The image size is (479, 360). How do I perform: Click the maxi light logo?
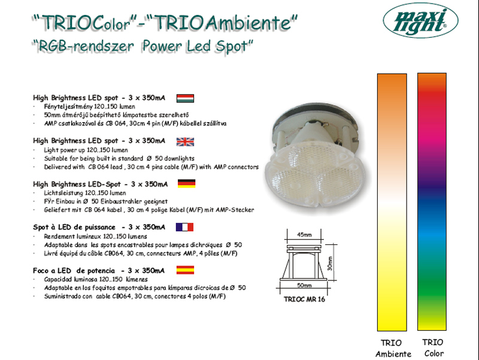[x=421, y=20]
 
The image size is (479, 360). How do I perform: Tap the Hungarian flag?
[x=185, y=98]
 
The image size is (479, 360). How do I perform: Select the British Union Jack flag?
[x=185, y=142]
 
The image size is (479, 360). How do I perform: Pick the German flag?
[x=186, y=183]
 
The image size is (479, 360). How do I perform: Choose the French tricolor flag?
[x=184, y=227]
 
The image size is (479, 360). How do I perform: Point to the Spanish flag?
[x=185, y=270]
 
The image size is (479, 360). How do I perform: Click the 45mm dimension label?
[x=304, y=235]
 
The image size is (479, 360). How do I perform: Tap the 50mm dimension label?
[x=304, y=285]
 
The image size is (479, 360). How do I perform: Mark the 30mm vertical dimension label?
[x=330, y=263]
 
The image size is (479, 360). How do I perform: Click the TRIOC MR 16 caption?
[x=304, y=299]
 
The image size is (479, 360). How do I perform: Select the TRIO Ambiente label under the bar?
[x=393, y=349]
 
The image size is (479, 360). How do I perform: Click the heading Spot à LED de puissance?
[x=74, y=228]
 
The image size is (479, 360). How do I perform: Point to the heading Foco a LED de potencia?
[x=74, y=271]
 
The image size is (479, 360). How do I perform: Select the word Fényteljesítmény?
[x=68, y=107]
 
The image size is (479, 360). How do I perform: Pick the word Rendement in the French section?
[x=59, y=236]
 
